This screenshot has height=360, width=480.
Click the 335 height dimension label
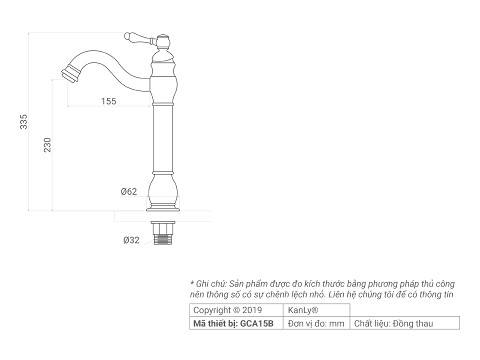(23, 121)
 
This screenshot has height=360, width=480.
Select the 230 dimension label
(47, 145)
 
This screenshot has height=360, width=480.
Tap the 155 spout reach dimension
(108, 101)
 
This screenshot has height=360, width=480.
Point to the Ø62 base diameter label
(128, 191)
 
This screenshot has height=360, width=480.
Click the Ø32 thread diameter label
(131, 240)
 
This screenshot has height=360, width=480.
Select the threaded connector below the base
(163, 233)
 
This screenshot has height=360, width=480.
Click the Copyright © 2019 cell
(227, 310)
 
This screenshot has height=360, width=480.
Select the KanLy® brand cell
(303, 310)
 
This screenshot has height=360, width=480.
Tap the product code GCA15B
(257, 323)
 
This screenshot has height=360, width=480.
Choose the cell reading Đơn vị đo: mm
(316, 323)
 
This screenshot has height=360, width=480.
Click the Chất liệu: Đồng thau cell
(393, 323)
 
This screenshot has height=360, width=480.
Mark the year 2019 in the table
(251, 310)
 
